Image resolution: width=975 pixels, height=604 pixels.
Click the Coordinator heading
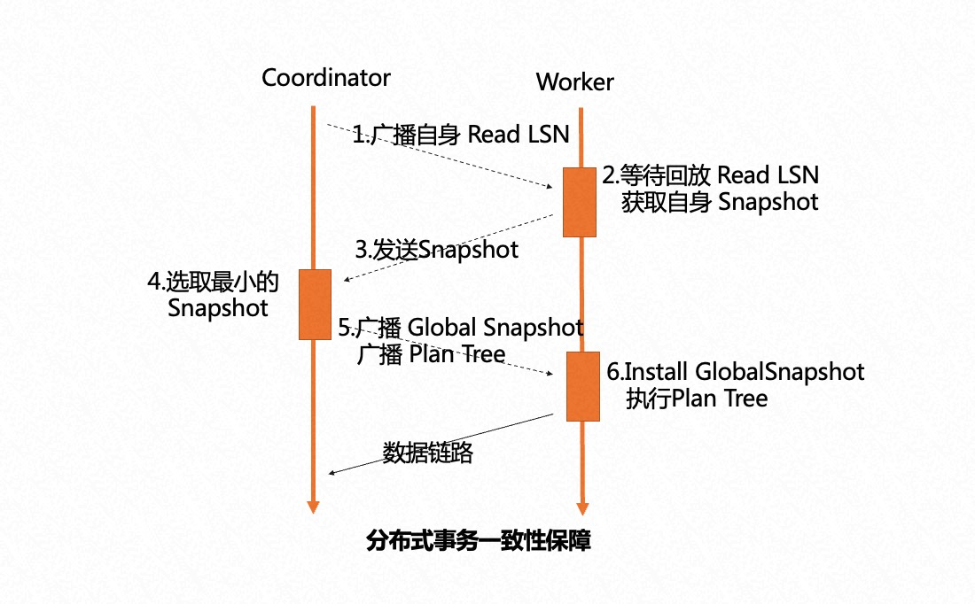tap(325, 78)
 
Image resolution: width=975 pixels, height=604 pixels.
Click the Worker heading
tap(574, 83)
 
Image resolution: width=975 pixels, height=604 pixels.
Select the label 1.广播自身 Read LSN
tap(460, 135)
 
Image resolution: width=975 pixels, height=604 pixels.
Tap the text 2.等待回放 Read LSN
tap(711, 174)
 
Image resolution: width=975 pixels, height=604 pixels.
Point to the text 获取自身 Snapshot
tap(719, 202)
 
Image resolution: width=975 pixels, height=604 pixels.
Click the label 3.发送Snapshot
tap(436, 250)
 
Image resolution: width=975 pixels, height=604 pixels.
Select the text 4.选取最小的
tap(213, 283)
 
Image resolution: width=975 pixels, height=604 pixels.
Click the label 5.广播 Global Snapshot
tap(461, 328)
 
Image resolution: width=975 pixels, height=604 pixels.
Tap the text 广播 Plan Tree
tap(431, 354)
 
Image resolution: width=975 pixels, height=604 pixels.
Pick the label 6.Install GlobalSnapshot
tap(735, 371)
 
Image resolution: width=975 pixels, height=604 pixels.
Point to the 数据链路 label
tap(428, 453)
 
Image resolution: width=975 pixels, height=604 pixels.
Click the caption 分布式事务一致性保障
tap(478, 540)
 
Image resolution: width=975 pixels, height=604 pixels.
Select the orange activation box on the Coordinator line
tap(315, 305)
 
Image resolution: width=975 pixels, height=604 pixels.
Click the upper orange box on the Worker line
tap(579, 202)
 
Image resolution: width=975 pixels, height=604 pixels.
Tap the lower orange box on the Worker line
tap(582, 386)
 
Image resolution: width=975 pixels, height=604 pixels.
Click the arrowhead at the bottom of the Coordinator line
tap(313, 507)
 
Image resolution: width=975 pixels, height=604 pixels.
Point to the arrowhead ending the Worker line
tap(581, 508)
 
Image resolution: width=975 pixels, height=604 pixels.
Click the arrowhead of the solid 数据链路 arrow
tap(331, 473)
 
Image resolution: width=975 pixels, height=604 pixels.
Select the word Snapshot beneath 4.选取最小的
tap(218, 309)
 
